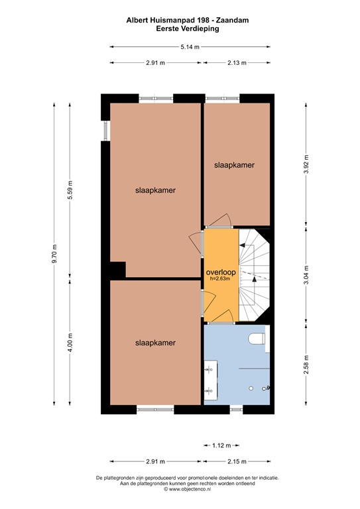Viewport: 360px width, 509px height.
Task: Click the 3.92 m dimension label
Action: pyautogui.click(x=306, y=164)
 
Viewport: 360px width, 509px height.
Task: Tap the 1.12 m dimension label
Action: pyautogui.click(x=222, y=445)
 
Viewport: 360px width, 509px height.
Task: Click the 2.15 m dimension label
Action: pyautogui.click(x=238, y=462)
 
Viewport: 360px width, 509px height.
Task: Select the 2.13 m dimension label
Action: pyautogui.click(x=237, y=63)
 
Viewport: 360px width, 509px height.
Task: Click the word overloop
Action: pyautogui.click(x=221, y=272)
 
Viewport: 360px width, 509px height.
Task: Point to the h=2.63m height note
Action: pyautogui.click(x=221, y=279)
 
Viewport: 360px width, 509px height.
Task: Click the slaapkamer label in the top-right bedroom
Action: pyautogui.click(x=234, y=164)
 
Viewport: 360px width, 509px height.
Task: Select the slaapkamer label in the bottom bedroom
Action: pyautogui.click(x=155, y=343)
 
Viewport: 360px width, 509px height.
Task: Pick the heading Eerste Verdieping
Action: pyautogui.click(x=188, y=29)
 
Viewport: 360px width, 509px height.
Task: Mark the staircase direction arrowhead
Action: pyautogui.click(x=243, y=245)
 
